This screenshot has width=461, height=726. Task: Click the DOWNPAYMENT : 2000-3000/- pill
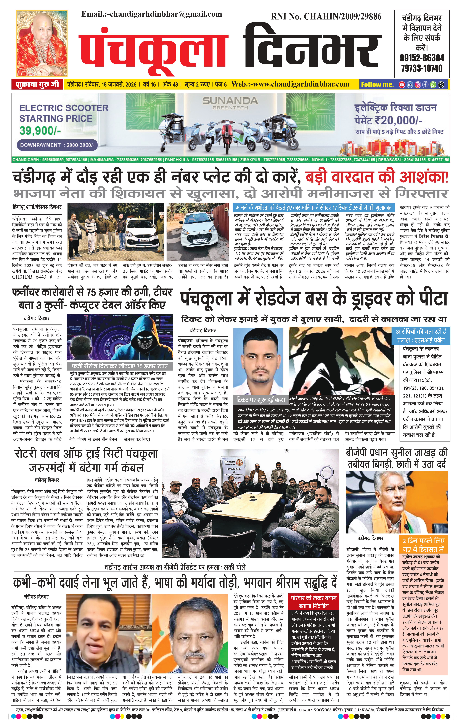(x=57, y=145)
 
